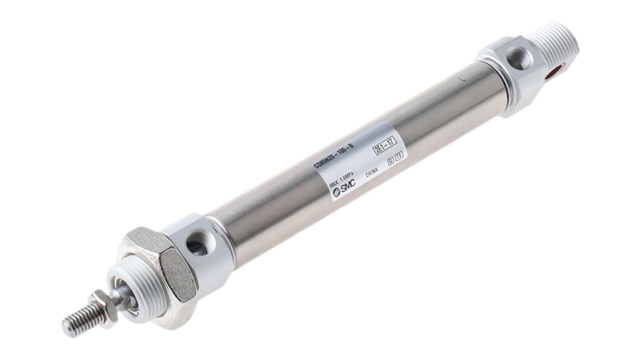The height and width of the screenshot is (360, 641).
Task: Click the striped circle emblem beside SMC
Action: point(336,192)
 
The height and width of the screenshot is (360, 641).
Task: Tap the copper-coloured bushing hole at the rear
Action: point(554,71)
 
